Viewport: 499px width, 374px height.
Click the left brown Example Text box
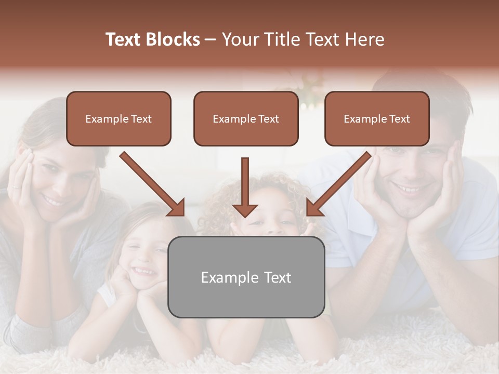tap(119, 119)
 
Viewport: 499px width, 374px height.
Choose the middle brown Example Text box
tap(246, 119)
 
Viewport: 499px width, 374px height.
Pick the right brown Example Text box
tap(377, 119)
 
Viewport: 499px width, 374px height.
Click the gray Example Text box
tap(246, 277)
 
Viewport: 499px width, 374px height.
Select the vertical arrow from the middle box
tap(245, 187)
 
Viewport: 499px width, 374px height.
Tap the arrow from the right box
tap(340, 184)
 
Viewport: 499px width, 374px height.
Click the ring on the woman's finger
tap(16, 186)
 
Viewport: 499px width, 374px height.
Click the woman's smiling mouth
tap(52, 200)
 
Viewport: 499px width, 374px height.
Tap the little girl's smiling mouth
tap(145, 272)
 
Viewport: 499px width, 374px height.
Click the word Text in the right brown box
tap(400, 119)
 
